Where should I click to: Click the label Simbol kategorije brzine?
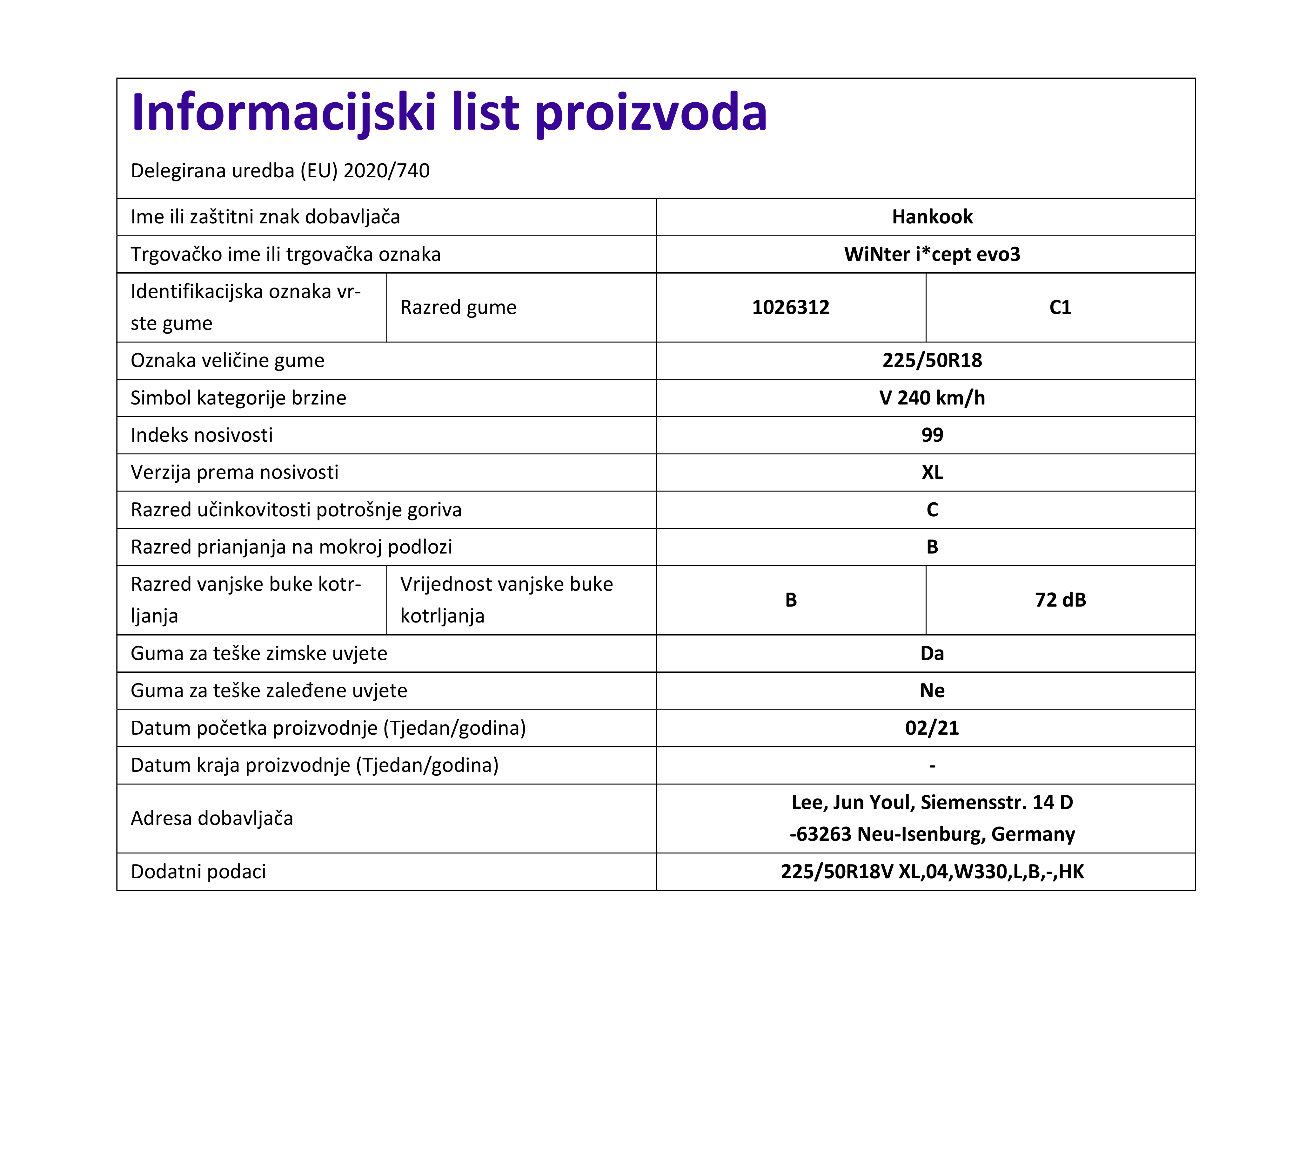tap(238, 398)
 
